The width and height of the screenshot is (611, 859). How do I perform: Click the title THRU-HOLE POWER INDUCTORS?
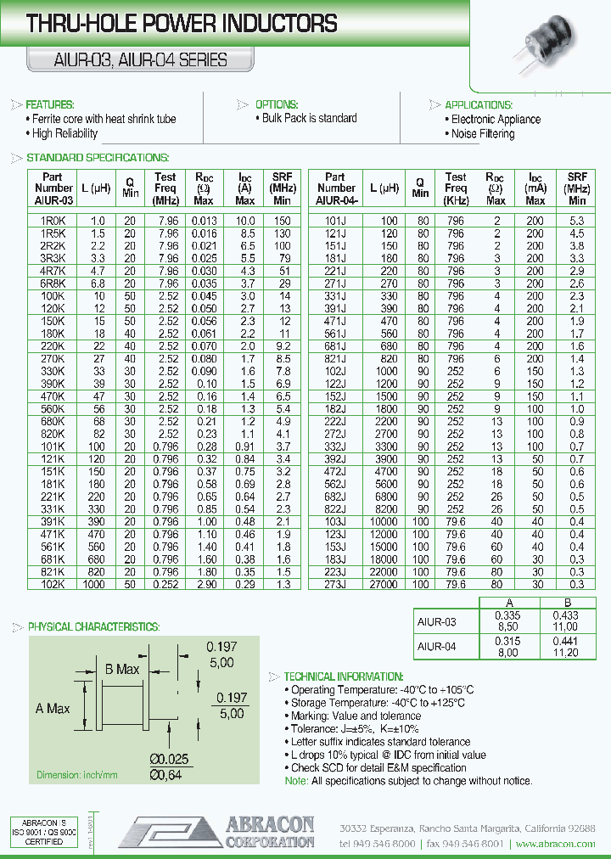coord(182,25)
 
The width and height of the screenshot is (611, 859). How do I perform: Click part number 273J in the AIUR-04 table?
coord(336,585)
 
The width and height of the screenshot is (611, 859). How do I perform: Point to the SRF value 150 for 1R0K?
coord(282,221)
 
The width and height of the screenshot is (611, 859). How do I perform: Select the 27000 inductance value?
coord(383,585)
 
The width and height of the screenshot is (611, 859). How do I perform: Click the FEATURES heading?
coord(50,104)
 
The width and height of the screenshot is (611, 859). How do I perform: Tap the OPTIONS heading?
coord(277,104)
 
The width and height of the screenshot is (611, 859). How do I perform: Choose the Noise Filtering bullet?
coord(482,134)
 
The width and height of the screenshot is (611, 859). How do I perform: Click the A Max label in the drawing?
coord(53,708)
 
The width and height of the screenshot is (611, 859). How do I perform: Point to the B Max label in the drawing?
coord(122,670)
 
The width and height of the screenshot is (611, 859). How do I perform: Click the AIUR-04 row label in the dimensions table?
coord(437,646)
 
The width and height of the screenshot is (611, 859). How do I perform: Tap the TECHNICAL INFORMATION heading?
coord(344,677)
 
